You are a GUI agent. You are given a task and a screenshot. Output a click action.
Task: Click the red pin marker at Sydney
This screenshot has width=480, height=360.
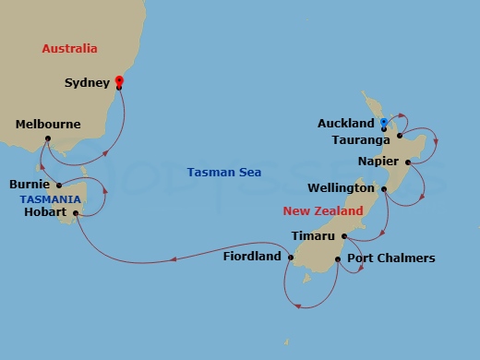pos(118,82)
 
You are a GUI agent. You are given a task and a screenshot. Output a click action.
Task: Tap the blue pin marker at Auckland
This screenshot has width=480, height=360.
pos(383,122)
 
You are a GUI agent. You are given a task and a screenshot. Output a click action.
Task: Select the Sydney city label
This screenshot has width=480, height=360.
pos(87,83)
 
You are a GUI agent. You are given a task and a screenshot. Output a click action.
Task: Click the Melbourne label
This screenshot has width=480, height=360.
pos(48,125)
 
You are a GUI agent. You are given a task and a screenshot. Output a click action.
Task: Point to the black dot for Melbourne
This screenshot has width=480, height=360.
pos(47,140)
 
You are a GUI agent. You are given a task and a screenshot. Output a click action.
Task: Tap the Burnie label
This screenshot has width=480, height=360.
pos(39,185)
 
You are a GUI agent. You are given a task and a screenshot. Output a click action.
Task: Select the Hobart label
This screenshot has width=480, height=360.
pos(44,212)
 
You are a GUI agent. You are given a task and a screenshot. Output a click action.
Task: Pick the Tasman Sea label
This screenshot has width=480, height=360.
pos(223,173)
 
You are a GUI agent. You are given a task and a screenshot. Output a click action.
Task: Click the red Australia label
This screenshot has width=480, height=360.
pos(70,48)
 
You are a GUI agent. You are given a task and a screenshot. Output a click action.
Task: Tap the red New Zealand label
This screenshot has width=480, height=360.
pos(321,211)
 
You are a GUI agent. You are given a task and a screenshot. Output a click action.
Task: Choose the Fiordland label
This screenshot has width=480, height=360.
pos(252,257)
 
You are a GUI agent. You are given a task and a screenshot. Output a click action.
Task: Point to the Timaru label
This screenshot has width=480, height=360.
pos(313,236)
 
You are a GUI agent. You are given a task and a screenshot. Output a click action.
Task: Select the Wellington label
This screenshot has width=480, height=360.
pos(341,188)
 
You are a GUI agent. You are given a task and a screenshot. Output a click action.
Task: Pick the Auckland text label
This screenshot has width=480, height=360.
pos(346,123)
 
